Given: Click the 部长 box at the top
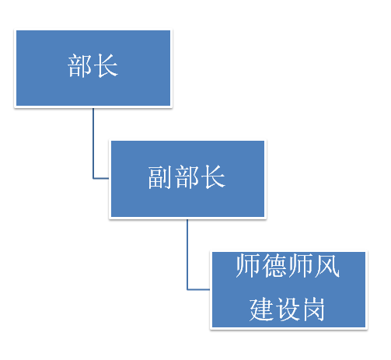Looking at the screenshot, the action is [x=93, y=68].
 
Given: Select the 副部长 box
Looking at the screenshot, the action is [x=187, y=179].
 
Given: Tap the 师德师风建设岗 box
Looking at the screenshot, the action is [x=288, y=290].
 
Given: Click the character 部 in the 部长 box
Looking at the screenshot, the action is [x=80, y=66].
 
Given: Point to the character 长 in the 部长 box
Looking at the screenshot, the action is [x=106, y=66].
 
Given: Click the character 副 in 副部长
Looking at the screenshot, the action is [x=160, y=177].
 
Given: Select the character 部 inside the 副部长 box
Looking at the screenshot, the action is [x=187, y=177].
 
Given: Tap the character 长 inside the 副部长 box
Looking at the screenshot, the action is [x=213, y=177].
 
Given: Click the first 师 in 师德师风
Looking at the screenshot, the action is [x=248, y=266].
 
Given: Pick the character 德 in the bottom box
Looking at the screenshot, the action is [x=274, y=266].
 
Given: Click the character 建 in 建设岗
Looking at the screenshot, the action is [x=261, y=309].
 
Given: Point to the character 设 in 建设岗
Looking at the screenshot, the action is [x=288, y=309].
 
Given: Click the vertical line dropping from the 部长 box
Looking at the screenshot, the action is [x=93, y=143].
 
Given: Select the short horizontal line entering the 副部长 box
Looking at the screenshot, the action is [x=101, y=178].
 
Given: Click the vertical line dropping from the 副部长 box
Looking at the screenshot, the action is [x=187, y=254].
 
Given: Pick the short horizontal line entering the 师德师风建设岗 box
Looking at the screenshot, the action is [x=199, y=289].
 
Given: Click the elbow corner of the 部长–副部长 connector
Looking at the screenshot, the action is [x=93, y=178].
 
